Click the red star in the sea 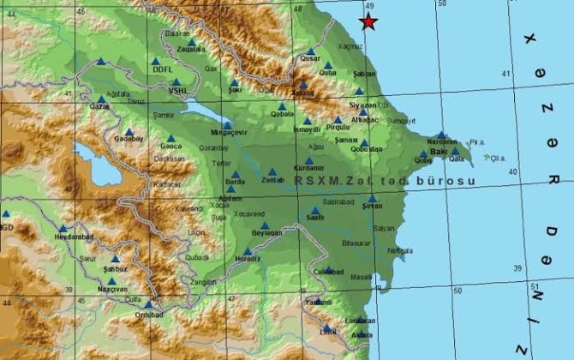(x=368, y=22)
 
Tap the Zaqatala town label (x=191, y=51)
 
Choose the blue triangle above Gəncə (x=171, y=137)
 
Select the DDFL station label (x=163, y=69)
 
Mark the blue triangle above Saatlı (x=315, y=210)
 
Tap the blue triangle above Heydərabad (x=63, y=228)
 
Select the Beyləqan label (x=267, y=233)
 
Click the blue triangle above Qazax (x=102, y=62)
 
